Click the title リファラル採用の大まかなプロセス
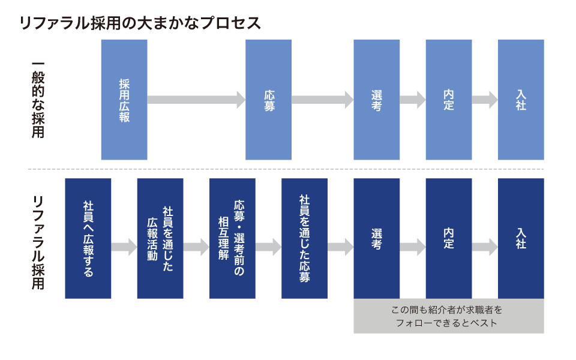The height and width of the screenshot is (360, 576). coord(140,23)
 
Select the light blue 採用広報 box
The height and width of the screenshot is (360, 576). coord(124,100)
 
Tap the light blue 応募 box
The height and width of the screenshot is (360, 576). coord(268,100)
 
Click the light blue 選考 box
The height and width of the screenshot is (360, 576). coord(376,100)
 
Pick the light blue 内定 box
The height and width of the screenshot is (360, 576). coord(448,100)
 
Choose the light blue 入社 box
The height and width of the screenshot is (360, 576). coord(521,100)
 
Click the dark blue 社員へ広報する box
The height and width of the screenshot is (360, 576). coord(88,238)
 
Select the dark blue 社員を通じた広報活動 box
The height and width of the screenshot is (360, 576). coord(160,238)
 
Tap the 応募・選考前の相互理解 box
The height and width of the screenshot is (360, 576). coord(232,238)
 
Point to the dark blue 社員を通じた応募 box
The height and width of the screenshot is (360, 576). coord(304,238)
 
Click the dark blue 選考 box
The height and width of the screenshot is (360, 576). coord(376,238)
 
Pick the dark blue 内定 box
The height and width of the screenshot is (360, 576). coord(448,238)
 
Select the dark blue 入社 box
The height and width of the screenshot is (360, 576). coord(521,238)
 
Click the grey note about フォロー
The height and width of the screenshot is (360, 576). coord(448,316)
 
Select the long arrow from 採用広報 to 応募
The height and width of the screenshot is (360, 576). coord(196,100)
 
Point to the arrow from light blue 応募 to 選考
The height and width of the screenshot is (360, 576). coord(322,100)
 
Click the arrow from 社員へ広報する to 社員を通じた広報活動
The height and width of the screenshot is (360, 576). coord(124,247)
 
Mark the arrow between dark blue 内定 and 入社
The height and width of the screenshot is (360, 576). coord(485,247)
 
